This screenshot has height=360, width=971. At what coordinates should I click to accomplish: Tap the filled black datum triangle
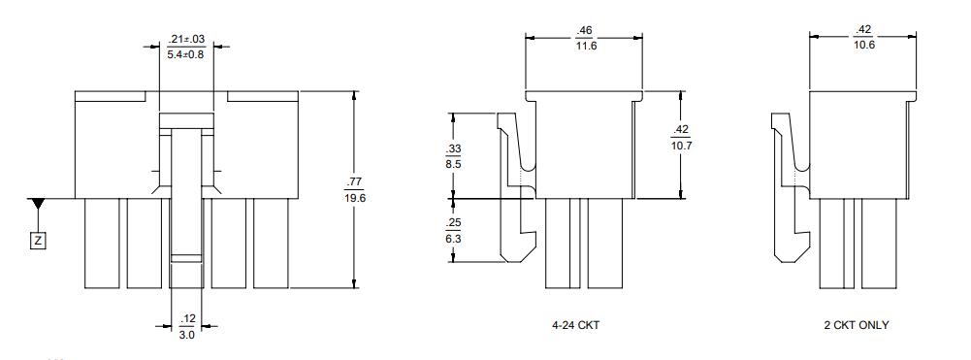(38, 204)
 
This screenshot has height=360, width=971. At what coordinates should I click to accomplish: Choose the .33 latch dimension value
(453, 148)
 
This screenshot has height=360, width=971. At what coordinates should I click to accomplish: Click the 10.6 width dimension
(863, 45)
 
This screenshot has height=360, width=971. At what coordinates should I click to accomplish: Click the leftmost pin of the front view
(102, 243)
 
